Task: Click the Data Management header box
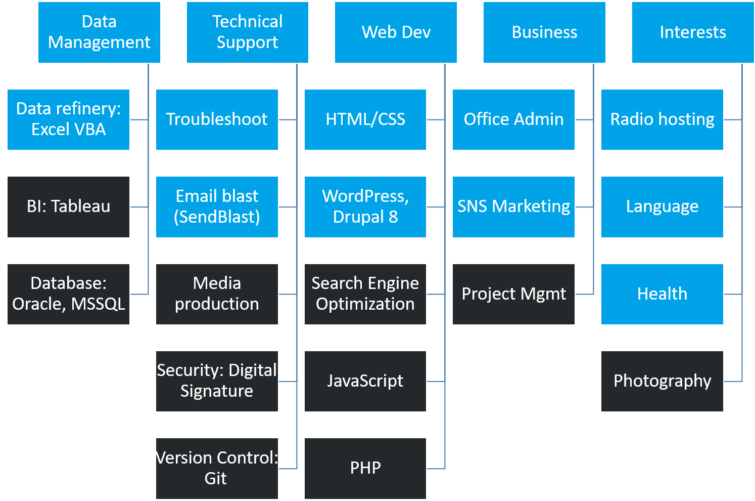99,32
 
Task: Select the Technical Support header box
247,32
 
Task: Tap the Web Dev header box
396,32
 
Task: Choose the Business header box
544,32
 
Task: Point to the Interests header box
693,32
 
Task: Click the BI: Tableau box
68,207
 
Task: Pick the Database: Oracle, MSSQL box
68,294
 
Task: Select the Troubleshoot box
217,119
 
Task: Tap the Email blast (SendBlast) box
217,207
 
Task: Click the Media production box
217,294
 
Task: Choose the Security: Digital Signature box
217,381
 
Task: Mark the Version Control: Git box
217,468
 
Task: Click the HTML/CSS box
365,119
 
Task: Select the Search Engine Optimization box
365,294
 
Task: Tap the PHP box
365,468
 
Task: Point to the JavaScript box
365,381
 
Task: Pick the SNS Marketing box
513,207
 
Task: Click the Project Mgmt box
513,294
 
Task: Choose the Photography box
662,381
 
